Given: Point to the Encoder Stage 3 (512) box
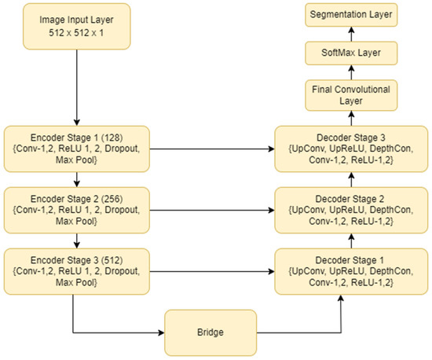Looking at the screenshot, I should [76, 268].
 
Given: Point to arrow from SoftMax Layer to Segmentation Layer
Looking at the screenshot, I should [351, 34].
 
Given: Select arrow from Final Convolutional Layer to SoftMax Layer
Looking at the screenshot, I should [351, 74].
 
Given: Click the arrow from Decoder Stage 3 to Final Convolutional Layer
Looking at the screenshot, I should [351, 119].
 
